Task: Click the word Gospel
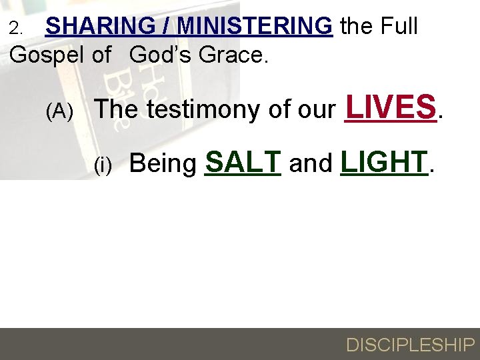pyautogui.click(x=49, y=55)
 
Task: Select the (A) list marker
pyautogui.click(x=59, y=112)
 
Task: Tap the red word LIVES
pyautogui.click(x=391, y=107)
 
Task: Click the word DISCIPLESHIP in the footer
pyautogui.click(x=410, y=345)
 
